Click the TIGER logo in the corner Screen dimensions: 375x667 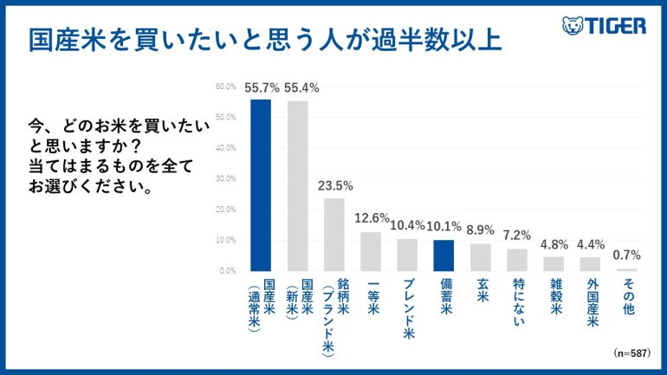(x=604, y=25)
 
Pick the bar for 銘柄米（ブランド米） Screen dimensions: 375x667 (x=333, y=234)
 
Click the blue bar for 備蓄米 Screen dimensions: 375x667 (x=444, y=255)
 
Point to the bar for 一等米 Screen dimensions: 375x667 (x=371, y=250)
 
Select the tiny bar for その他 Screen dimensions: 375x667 (x=626, y=268)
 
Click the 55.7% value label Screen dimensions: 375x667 (x=261, y=88)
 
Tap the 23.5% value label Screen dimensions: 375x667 (x=333, y=187)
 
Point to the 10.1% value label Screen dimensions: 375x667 (x=444, y=227)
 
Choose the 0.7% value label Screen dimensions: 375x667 (x=626, y=256)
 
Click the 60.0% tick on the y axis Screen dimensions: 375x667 (x=225, y=87)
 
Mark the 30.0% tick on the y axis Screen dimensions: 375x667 (x=225, y=178)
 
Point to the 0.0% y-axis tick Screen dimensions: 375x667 (x=227, y=270)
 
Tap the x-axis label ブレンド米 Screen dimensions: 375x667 (x=407, y=304)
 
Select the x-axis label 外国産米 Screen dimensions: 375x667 (x=591, y=304)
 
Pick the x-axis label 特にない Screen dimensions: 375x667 (x=517, y=300)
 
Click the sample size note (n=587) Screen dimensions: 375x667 (x=631, y=353)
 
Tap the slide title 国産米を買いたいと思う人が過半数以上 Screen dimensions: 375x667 (x=264, y=40)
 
